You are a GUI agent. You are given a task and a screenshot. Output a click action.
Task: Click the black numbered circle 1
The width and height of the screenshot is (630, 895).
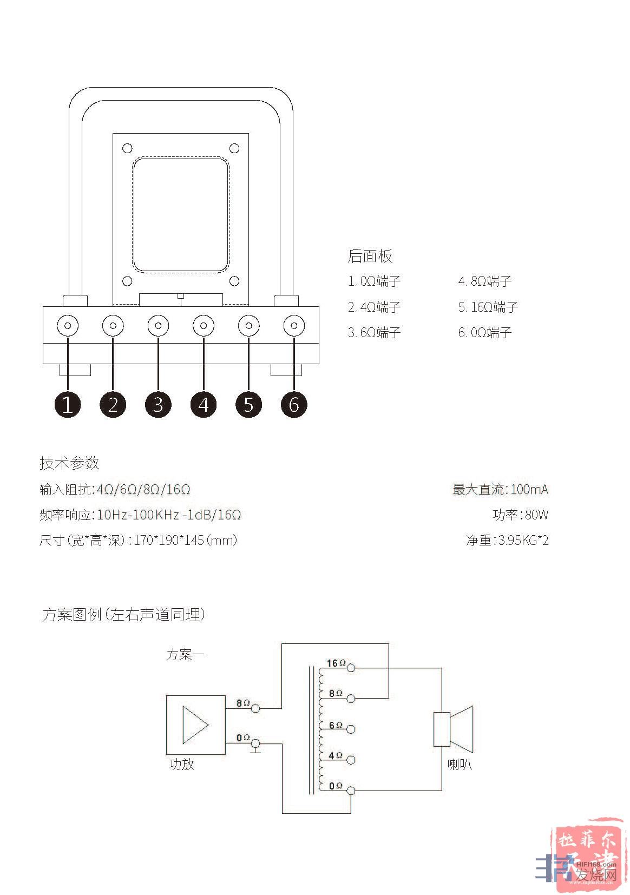pyautogui.click(x=68, y=404)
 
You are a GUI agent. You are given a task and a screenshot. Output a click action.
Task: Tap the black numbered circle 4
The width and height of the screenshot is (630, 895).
pyautogui.click(x=204, y=404)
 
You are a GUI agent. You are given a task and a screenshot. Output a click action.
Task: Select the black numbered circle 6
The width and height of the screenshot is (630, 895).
pyautogui.click(x=294, y=404)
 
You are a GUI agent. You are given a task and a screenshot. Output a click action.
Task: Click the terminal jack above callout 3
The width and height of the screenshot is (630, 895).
pyautogui.click(x=158, y=326)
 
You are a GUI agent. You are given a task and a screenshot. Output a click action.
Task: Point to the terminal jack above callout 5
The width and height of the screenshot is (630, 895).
pyautogui.click(x=249, y=326)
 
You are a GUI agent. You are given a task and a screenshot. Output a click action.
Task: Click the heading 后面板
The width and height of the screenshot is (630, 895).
pyautogui.click(x=370, y=256)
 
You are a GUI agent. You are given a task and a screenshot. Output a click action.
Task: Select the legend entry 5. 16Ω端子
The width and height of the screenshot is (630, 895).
pyautogui.click(x=488, y=307)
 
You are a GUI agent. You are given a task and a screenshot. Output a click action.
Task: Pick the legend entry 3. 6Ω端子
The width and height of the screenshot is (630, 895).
pyautogui.click(x=374, y=332)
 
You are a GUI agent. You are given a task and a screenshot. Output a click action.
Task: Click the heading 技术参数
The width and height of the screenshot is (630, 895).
pyautogui.click(x=69, y=463)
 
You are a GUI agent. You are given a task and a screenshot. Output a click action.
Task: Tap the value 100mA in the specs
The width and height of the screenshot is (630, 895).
pyautogui.click(x=529, y=489)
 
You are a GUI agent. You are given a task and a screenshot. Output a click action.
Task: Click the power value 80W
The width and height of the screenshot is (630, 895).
pyautogui.click(x=536, y=515)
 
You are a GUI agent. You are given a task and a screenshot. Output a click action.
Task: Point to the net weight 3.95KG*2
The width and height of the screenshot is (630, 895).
pyautogui.click(x=523, y=540)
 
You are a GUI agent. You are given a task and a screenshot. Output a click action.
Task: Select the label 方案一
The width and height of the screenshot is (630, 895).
pyautogui.click(x=185, y=655)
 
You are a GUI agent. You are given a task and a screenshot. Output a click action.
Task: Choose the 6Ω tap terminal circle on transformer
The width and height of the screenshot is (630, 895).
pyautogui.click(x=351, y=729)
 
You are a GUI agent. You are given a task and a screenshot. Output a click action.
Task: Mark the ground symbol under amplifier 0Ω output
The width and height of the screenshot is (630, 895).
pyautogui.click(x=255, y=750)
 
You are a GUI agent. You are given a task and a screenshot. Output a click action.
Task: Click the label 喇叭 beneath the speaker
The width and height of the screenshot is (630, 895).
pyautogui.click(x=460, y=764)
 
